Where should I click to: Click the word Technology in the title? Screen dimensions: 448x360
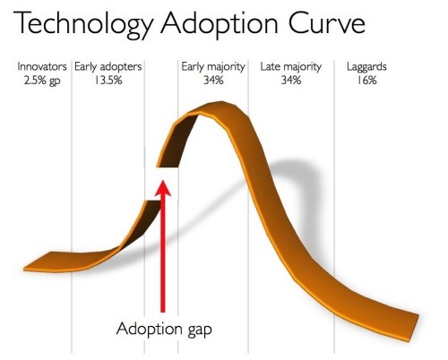coord(83,24)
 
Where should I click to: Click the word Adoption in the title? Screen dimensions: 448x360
coord(220,24)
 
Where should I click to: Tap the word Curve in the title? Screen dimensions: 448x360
coord(326,23)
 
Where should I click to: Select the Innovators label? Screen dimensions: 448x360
coord(42,66)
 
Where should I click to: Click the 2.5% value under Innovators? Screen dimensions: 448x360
coord(35,80)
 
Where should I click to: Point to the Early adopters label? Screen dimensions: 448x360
coord(108,66)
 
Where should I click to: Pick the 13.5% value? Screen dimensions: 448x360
coord(108,80)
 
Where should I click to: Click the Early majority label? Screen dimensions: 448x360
coord(213,66)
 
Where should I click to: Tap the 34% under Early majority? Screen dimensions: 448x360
coord(213,80)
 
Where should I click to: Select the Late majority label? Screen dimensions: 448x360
coord(291,66)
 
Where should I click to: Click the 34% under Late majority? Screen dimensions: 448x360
coord(291,80)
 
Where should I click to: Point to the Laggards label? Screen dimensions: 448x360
coord(366,66)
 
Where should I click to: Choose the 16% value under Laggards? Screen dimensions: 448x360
coord(366,80)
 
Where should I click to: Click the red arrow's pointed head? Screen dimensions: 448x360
coord(163,187)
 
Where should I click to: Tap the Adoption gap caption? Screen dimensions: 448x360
coord(164,330)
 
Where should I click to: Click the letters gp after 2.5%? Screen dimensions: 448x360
coord(55,81)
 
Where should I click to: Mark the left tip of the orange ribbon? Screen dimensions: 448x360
coord(24,270)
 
